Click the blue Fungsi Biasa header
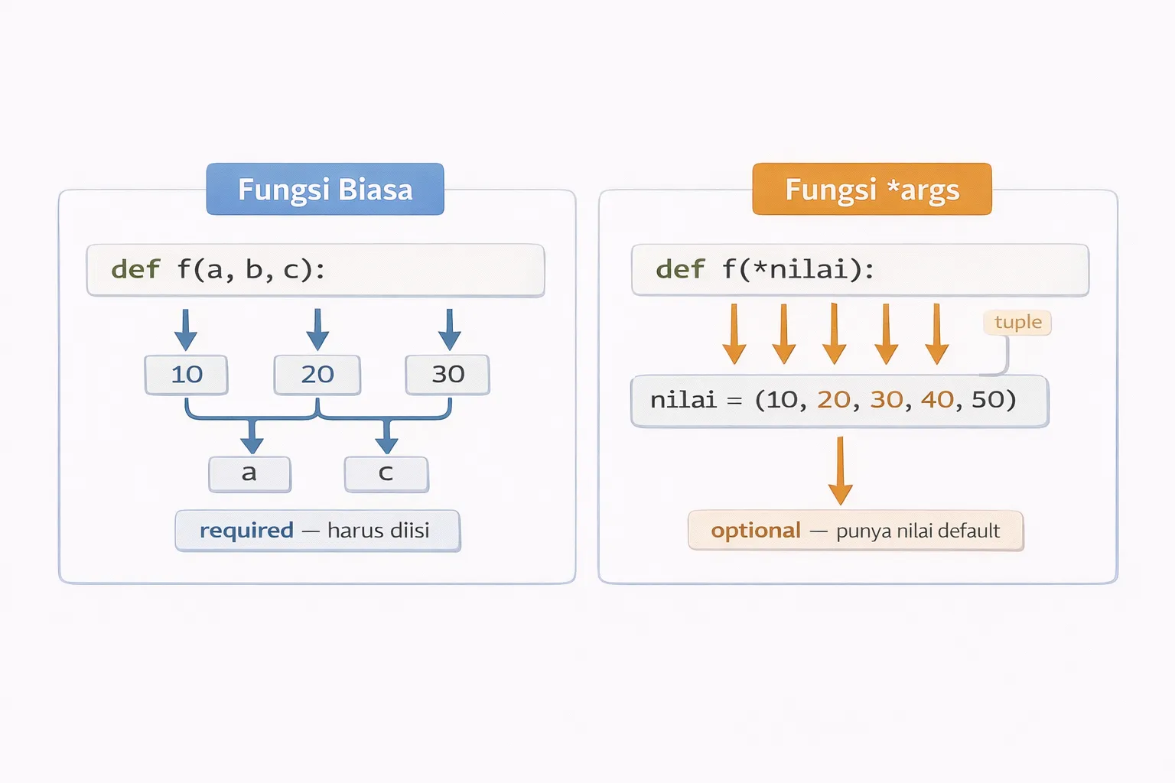[325, 189]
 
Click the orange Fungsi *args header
[871, 189]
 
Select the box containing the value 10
[187, 375]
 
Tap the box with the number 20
[317, 375]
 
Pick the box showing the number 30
[448, 375]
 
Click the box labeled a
[249, 474]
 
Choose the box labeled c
[386, 474]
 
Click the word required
[246, 531]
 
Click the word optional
[756, 531]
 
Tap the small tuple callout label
[1017, 322]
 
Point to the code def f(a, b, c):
[218, 269]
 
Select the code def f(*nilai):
[765, 269]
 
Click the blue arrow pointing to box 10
[185, 330]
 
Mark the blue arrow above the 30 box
[450, 330]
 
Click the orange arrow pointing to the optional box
[840, 471]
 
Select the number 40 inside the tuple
[937, 399]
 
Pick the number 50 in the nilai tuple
[988, 399]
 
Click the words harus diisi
[378, 531]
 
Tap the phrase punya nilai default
[918, 531]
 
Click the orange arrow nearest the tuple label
[936, 334]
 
